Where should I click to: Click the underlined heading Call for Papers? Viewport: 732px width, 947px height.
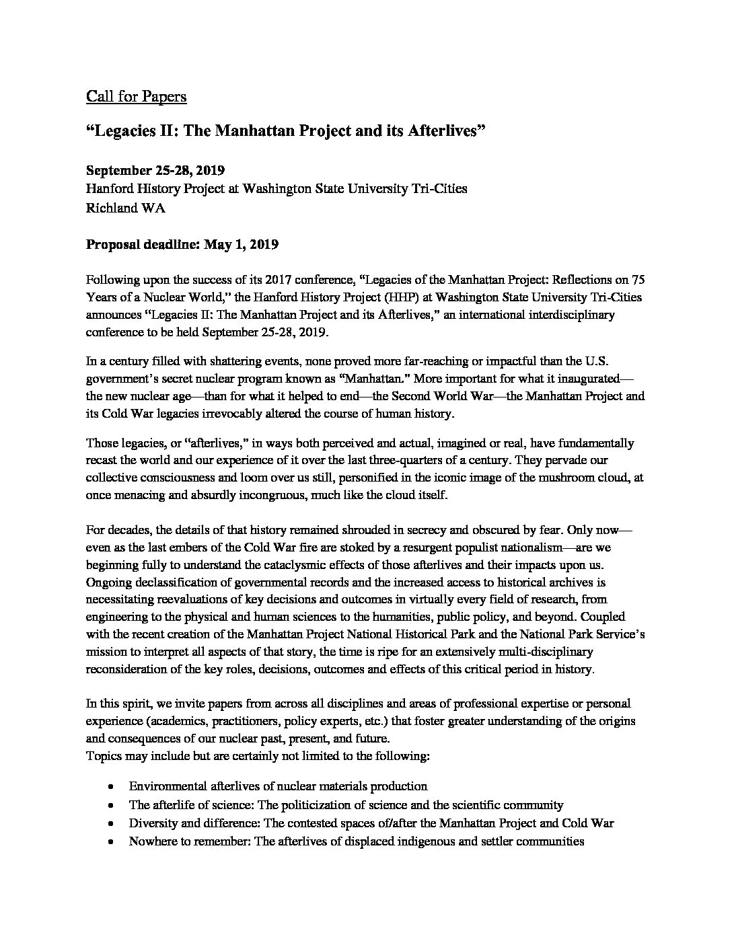[136, 97]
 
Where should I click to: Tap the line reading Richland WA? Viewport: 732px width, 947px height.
[125, 208]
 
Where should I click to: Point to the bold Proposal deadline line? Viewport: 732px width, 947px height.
[182, 244]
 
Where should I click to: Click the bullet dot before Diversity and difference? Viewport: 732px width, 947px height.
[110, 823]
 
